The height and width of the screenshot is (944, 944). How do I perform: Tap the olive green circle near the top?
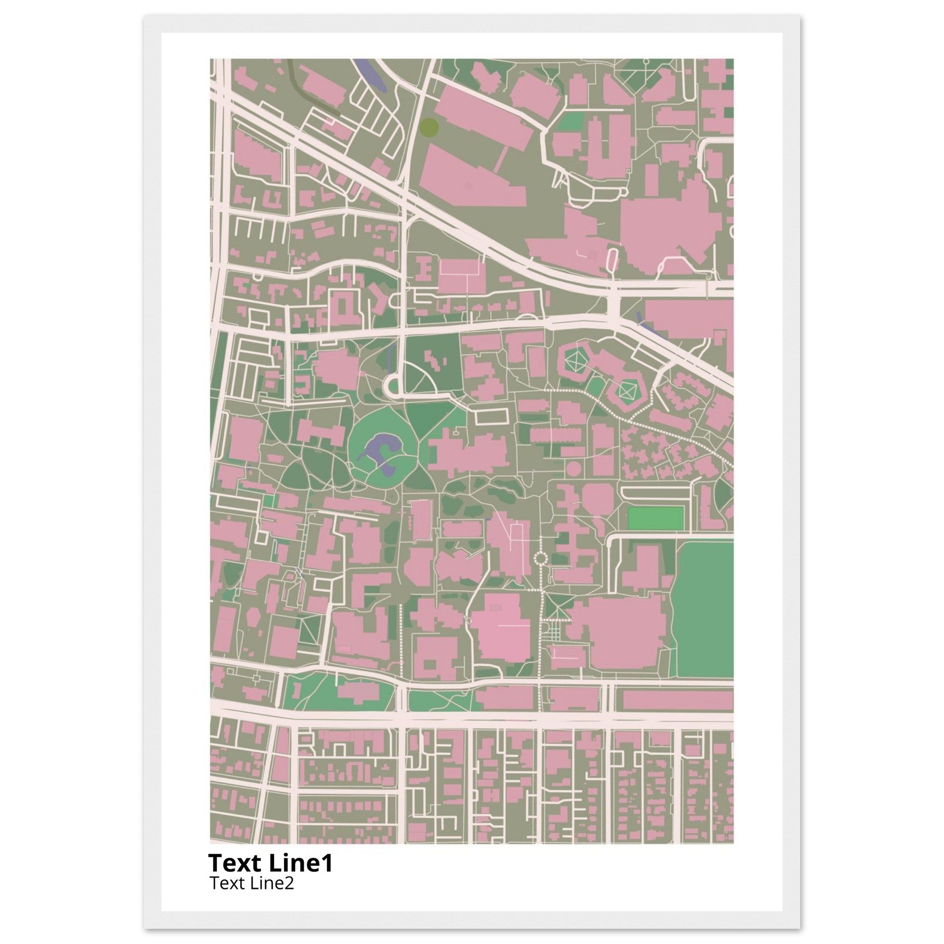tap(429, 127)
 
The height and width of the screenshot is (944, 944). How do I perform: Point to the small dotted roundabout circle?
tap(541, 558)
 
